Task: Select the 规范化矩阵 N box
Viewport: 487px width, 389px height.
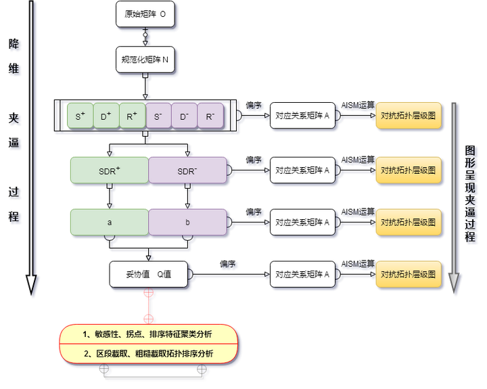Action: [x=145, y=60]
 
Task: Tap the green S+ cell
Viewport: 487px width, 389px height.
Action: [x=80, y=116]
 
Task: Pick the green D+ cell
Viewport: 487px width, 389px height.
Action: [x=106, y=116]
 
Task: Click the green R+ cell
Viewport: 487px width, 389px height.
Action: [x=132, y=116]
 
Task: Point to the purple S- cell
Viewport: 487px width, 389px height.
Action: [x=158, y=116]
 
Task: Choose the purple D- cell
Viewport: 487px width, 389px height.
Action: [x=184, y=116]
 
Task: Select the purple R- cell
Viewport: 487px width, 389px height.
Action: [x=210, y=116]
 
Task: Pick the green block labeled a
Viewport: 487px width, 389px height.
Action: [x=109, y=222]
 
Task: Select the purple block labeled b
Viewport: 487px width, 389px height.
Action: [x=187, y=222]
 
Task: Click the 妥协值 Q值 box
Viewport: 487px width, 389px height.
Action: [x=149, y=275]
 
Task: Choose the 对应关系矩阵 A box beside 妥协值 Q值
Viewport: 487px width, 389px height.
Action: [x=302, y=275]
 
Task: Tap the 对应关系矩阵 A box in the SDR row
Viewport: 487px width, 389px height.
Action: [x=302, y=170]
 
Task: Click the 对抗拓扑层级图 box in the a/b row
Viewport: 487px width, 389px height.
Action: [x=408, y=222]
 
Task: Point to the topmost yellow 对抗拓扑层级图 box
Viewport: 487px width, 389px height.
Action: [x=408, y=116]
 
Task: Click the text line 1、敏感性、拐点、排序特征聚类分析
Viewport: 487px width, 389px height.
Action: [x=148, y=334]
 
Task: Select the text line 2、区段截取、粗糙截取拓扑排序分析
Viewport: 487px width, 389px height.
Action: [x=148, y=353]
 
